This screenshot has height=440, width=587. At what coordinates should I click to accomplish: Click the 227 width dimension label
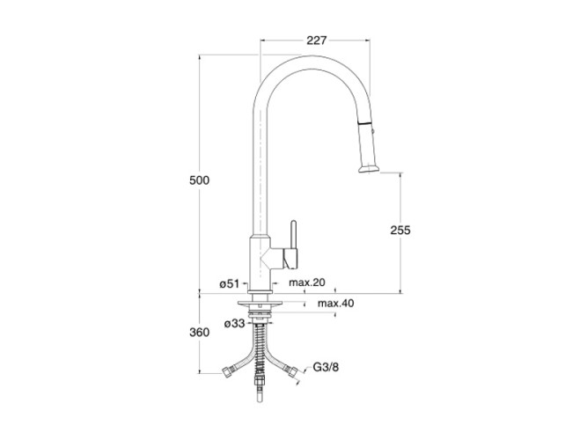pos(317,40)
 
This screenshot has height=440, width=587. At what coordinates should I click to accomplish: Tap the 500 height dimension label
pos(199,180)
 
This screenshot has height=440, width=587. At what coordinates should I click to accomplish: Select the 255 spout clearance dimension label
pos(400,230)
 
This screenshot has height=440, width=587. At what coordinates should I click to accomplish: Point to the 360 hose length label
pos(199,332)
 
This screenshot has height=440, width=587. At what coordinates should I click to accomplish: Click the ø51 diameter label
pos(229,284)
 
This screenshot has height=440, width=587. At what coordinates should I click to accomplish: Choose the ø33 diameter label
pos(234,323)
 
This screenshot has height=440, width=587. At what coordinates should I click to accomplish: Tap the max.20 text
pos(307,282)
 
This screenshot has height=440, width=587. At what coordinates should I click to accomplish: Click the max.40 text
pos(336,303)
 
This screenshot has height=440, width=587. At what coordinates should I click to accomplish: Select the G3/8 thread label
pos(326,367)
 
